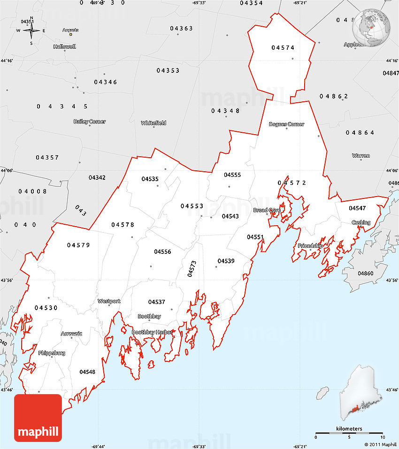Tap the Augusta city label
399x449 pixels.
71,30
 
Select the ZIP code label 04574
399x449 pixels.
283,47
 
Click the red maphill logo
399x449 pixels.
38,418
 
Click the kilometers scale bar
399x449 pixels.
349,432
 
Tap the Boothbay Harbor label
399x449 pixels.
153,332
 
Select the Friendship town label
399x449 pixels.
310,245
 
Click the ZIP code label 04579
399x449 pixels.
78,245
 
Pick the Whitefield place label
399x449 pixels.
153,123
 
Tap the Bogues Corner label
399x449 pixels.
286,124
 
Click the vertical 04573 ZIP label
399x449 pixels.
192,269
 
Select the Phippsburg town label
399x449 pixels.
52,353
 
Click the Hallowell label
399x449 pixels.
64,47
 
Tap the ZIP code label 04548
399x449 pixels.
87,372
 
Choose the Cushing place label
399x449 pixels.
361,222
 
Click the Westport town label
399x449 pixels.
109,301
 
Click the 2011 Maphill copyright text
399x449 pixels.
380,444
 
